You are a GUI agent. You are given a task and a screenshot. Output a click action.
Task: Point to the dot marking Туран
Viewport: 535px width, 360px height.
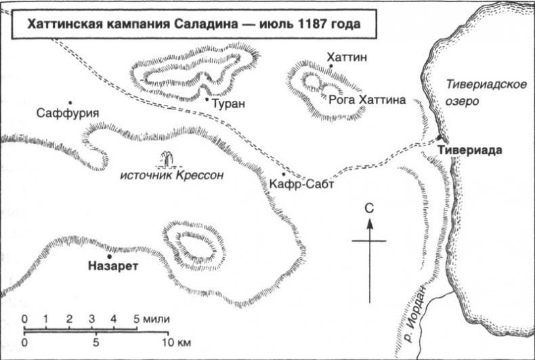point(207,99)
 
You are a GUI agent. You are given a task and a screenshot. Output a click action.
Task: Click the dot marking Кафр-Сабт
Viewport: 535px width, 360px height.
point(275,174)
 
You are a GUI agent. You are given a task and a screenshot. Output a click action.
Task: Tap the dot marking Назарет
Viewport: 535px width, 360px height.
point(109,256)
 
